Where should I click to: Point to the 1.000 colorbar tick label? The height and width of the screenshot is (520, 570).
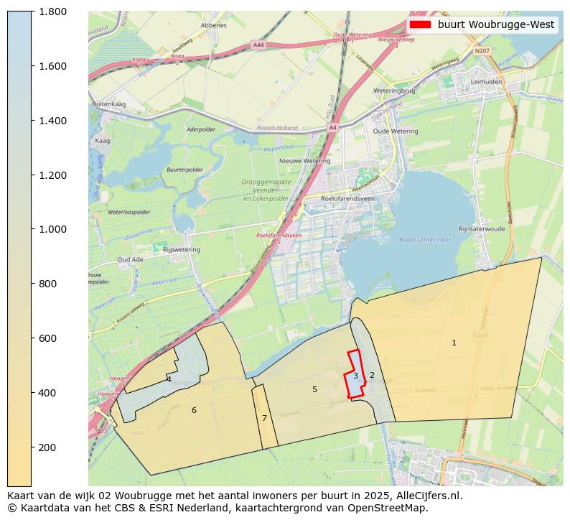(x=52, y=229)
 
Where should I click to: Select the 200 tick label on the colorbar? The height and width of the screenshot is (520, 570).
(x=47, y=447)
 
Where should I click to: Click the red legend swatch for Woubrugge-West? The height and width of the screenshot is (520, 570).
(x=419, y=24)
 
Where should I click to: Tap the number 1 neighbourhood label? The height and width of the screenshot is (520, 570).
(x=454, y=343)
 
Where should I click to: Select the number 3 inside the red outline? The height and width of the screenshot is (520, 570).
(x=355, y=376)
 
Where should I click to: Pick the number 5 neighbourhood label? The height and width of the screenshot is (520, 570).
(x=314, y=389)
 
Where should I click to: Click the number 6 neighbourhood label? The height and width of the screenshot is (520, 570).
(x=194, y=410)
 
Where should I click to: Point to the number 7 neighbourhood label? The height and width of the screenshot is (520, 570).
(x=264, y=418)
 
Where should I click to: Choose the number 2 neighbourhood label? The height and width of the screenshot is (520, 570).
(x=372, y=375)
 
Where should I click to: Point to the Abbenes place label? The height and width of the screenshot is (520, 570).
(x=214, y=25)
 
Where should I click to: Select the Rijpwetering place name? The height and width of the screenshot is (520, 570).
(x=182, y=249)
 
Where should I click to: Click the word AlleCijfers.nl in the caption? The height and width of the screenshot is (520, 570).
(x=424, y=495)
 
